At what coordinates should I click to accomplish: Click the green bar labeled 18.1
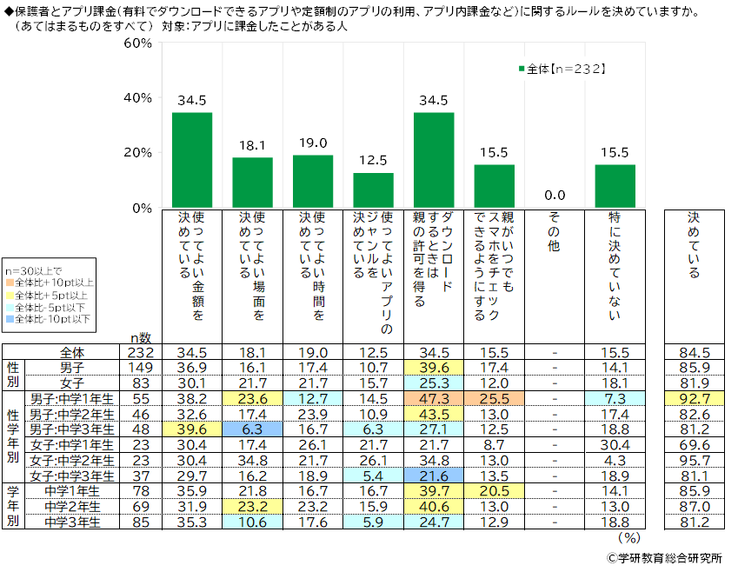[252, 183]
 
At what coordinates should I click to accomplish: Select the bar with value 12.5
[373, 190]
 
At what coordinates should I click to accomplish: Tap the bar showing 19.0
[313, 181]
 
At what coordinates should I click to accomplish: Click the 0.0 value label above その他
[555, 195]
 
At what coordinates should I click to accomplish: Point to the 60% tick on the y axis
[140, 43]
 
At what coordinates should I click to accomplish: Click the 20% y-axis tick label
[140, 153]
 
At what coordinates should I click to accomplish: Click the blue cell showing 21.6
[434, 477]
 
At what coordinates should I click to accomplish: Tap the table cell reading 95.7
[700, 461]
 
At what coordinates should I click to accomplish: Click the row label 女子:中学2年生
[72, 461]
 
